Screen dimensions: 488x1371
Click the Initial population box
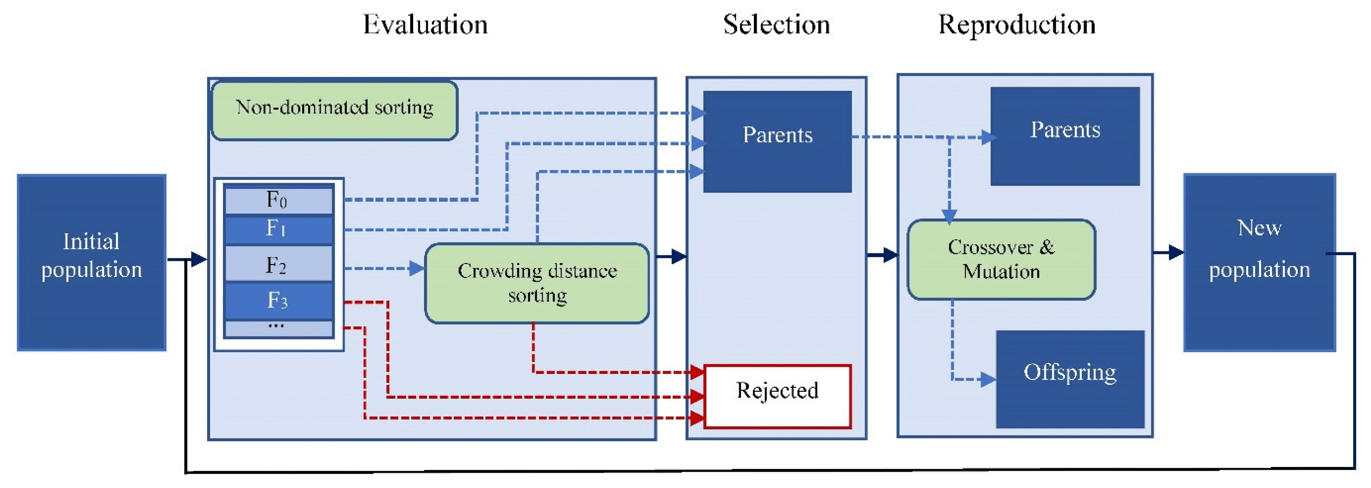pos(91,262)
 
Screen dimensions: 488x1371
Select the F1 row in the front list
pos(278,230)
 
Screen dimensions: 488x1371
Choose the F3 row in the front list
pos(278,301)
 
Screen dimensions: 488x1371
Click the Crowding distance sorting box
pos(536,283)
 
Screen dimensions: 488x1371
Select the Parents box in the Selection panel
pos(777,141)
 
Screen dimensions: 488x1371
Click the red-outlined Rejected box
pos(777,396)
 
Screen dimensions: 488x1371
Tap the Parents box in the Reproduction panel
pos(1065,136)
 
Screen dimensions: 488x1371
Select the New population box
pos(1259,262)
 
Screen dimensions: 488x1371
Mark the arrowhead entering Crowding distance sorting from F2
pos(417,268)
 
